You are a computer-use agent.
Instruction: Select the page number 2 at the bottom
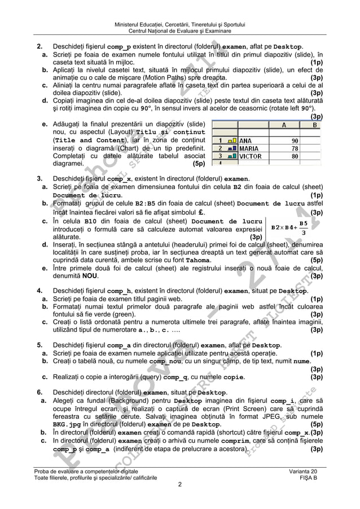click(x=179, y=484)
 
